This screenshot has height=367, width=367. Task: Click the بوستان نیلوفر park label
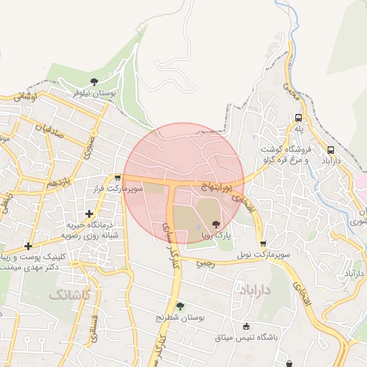[x=97, y=93]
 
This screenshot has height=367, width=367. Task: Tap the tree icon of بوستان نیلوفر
[x=95, y=81]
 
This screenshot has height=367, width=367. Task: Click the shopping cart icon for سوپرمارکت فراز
[x=117, y=177]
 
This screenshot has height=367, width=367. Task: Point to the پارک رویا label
[x=216, y=234]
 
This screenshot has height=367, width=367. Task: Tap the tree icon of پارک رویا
[x=217, y=223]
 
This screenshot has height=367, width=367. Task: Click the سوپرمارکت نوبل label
[x=265, y=254]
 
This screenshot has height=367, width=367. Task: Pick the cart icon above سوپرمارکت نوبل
[x=263, y=243]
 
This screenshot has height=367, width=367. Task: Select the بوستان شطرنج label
[x=181, y=317]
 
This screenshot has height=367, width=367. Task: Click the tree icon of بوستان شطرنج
[x=180, y=305]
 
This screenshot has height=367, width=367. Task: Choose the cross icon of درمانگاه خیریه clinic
[x=89, y=213]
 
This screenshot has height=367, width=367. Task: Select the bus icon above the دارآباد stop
[x=330, y=151]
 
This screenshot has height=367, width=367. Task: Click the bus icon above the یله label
[x=298, y=118]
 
